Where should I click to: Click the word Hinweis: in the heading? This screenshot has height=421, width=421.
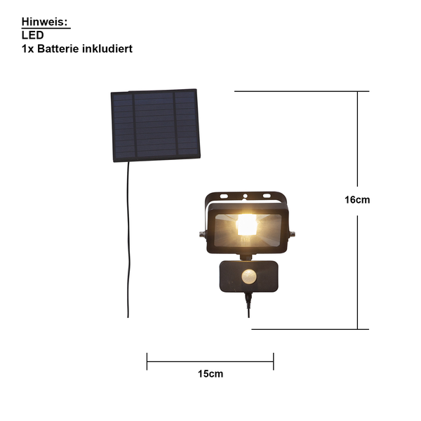[x=45, y=22]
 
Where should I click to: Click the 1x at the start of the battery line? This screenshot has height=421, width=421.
[x=27, y=48]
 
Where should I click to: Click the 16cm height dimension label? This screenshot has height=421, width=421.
[x=357, y=199]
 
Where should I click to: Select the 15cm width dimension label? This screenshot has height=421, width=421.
[x=210, y=374]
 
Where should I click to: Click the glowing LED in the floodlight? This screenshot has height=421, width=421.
[x=246, y=225]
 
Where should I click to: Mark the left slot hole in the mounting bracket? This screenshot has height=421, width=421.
[x=224, y=196]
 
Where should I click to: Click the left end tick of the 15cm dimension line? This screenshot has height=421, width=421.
[x=147, y=361]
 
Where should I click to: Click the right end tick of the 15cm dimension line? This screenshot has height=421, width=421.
[x=274, y=361]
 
